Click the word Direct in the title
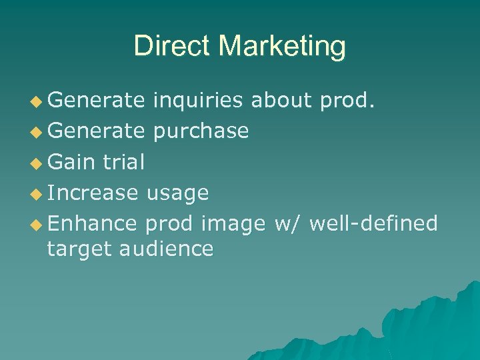pyautogui.click(x=173, y=46)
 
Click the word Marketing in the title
pyautogui.click(x=282, y=47)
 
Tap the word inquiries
pyautogui.click(x=199, y=101)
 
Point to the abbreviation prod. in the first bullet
pyautogui.click(x=347, y=100)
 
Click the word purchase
pyautogui.click(x=201, y=131)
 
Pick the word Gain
pyautogui.click(x=71, y=162)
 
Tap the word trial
pyautogui.click(x=123, y=162)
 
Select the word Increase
pyautogui.click(x=93, y=193)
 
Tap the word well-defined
pyautogui.click(x=374, y=223)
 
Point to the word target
pyautogui.click(x=79, y=249)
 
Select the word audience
pyautogui.click(x=167, y=249)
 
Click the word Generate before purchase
pyautogui.click(x=96, y=131)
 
